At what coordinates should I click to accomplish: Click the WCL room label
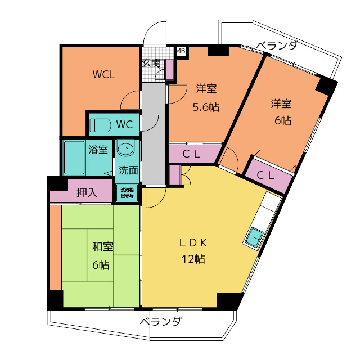click(104, 75)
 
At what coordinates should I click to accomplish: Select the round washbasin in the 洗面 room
click(126, 150)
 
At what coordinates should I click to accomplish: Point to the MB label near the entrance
click(181, 51)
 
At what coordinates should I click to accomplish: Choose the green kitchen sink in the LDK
click(254, 237)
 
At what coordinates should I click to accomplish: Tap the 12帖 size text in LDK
click(193, 259)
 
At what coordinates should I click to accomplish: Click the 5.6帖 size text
click(206, 106)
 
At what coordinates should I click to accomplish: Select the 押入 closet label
click(87, 192)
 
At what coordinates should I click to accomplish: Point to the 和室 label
click(102, 246)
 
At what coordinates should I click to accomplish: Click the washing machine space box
click(127, 193)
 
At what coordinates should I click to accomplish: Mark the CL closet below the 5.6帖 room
click(195, 153)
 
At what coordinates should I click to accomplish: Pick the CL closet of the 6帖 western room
click(266, 174)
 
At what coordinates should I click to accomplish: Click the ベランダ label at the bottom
click(160, 322)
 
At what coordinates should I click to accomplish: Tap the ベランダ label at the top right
click(276, 46)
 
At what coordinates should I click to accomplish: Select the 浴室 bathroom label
click(98, 150)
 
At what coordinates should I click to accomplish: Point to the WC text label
click(124, 124)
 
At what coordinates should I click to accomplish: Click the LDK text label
click(193, 243)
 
